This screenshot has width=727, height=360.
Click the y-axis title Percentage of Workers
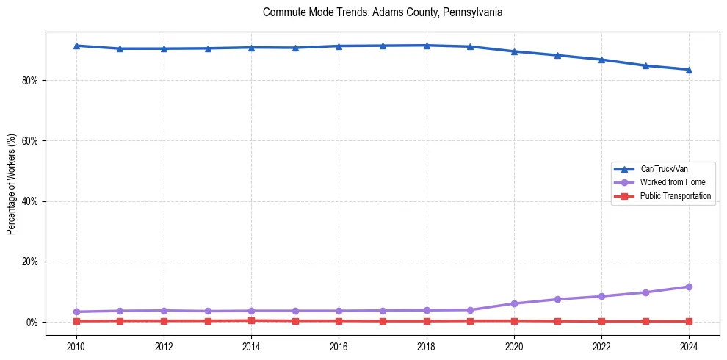(12, 184)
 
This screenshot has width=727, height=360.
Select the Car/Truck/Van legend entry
(664, 169)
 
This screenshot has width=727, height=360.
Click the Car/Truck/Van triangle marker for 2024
(689, 70)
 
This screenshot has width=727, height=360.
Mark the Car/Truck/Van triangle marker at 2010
(76, 46)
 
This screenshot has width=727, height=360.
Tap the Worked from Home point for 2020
(514, 303)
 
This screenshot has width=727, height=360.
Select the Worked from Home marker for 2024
(689, 287)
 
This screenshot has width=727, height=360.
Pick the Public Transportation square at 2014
(251, 320)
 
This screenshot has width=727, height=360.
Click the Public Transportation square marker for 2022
(601, 321)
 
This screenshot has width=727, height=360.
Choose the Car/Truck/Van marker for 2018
(427, 46)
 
